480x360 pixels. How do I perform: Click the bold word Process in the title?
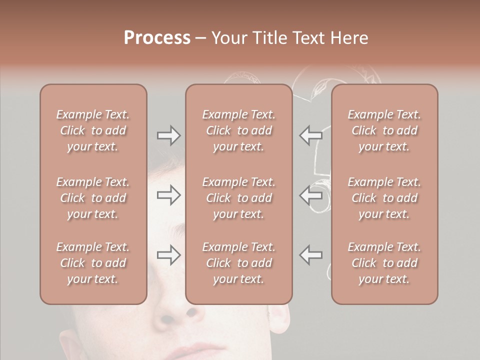pos(157,38)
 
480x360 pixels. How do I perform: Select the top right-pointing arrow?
pos(169,135)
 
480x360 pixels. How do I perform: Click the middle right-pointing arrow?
pos(169,195)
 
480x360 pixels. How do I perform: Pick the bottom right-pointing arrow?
pos(169,255)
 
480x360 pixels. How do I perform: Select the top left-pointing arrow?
pos(311,135)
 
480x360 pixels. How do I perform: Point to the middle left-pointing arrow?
pos(311,195)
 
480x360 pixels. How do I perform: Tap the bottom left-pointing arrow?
pos(311,255)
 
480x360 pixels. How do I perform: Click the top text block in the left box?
pos(93,130)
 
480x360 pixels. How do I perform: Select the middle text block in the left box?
pos(93,198)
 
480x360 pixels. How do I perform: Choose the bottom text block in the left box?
pos(93,263)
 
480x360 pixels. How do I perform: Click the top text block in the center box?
pos(239,130)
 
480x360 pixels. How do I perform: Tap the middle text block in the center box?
pos(239,198)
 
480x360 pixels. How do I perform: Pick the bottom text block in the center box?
pos(239,263)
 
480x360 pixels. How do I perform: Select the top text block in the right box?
pos(384,130)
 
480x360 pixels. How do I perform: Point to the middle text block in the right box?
pos(384,198)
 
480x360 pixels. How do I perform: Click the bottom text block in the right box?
pos(384,263)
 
